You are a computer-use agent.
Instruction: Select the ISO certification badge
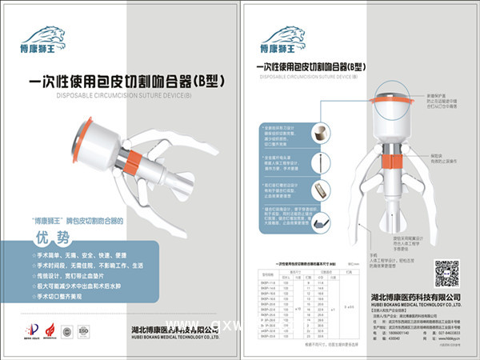(83, 329)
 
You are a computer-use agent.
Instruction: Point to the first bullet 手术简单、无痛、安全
(76, 254)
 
